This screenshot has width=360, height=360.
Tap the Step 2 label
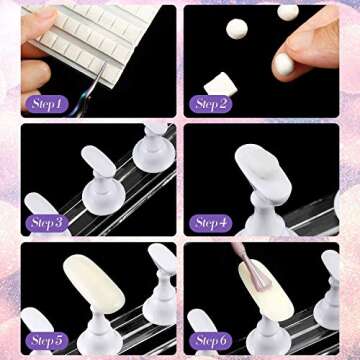coord(210,102)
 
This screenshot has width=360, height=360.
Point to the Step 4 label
coord(210,222)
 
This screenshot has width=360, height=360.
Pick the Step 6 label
coord(210,340)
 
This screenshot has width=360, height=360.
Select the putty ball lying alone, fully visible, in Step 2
coord(237,31)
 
